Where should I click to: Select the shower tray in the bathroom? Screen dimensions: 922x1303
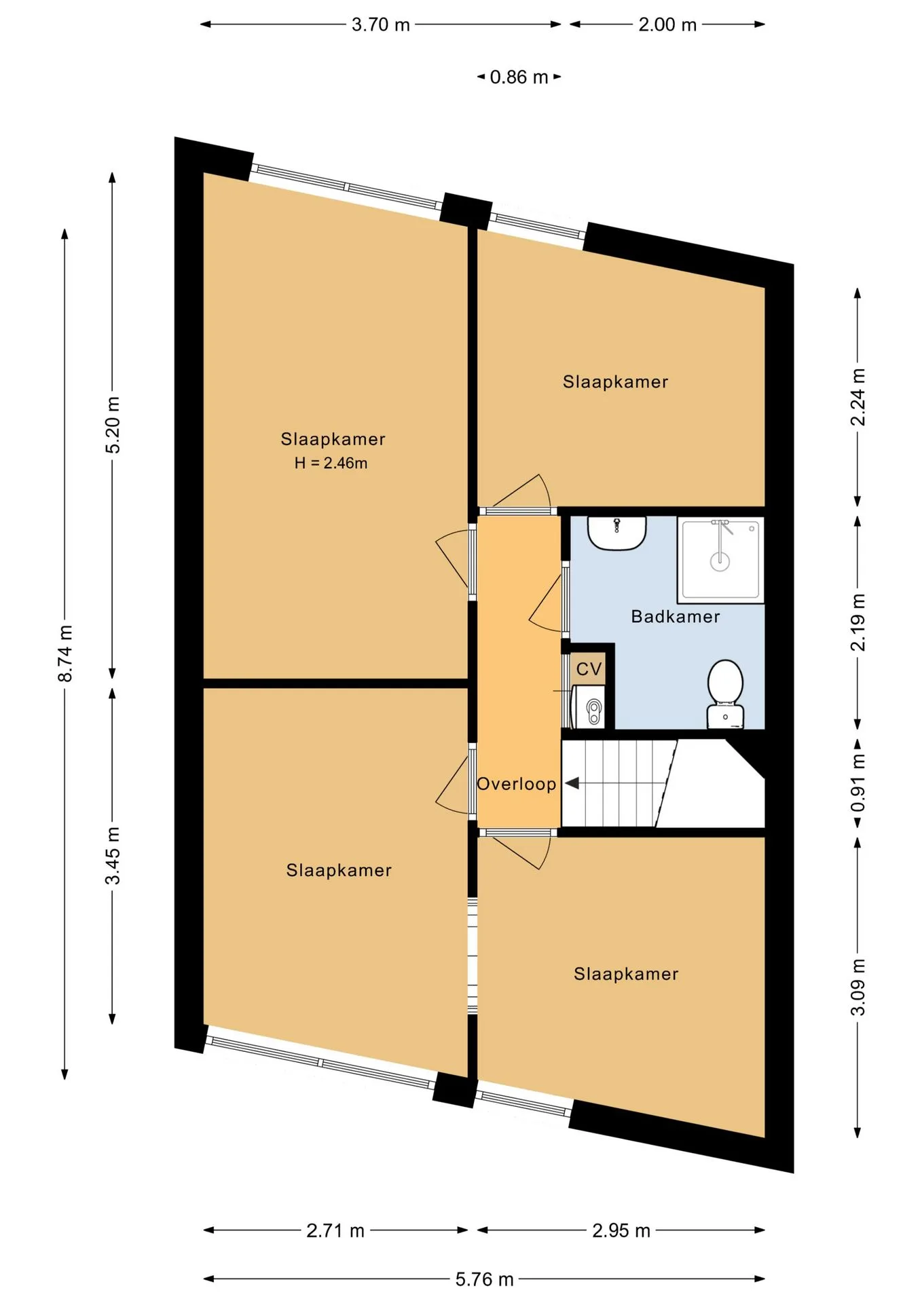click(x=720, y=560)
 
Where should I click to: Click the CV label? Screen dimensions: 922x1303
click(x=589, y=669)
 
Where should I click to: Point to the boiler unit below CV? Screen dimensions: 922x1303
click(x=589, y=706)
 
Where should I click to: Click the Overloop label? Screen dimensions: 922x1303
click(x=517, y=784)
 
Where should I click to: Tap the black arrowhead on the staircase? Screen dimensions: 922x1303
click(x=572, y=783)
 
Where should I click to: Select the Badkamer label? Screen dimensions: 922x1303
click(x=676, y=616)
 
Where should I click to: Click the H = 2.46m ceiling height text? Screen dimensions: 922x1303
click(x=331, y=463)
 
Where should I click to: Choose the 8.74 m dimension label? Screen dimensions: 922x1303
click(x=65, y=653)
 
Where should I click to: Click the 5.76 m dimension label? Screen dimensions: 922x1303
click(x=484, y=1279)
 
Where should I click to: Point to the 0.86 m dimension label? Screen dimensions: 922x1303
click(x=519, y=77)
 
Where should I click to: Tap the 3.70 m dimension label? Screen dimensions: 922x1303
click(x=381, y=25)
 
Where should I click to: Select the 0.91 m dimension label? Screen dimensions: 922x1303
click(x=858, y=782)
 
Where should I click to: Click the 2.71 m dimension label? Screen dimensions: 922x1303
click(x=335, y=1230)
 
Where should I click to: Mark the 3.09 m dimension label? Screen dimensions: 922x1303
click(x=858, y=987)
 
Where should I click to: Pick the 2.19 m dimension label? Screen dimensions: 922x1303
click(x=858, y=622)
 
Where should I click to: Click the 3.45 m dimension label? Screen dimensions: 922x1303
click(x=113, y=856)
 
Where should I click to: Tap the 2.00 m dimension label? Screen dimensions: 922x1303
click(x=667, y=25)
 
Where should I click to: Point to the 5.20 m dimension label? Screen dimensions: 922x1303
click(x=113, y=425)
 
